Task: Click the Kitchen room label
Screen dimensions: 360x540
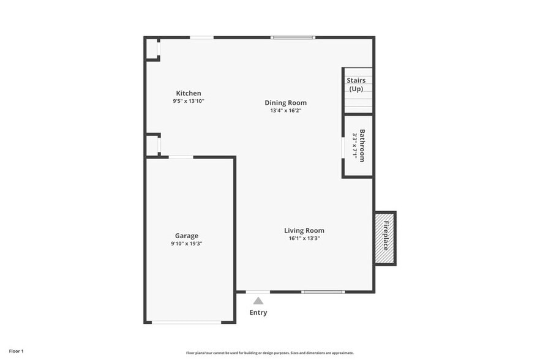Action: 188,93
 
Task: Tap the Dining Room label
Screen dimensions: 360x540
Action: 285,103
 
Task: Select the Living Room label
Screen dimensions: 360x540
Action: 304,230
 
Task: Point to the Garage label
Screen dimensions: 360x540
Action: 187,236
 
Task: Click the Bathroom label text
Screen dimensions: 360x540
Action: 362,145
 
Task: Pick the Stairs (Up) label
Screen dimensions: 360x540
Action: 356,84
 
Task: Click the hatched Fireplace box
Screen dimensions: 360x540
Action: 385,238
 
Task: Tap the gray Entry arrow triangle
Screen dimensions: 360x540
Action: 258,301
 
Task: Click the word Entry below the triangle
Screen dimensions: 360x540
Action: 258,313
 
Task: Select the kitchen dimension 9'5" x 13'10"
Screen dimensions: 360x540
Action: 188,101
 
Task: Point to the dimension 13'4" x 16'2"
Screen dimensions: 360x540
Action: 285,111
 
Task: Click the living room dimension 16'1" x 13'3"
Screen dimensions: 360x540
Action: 304,238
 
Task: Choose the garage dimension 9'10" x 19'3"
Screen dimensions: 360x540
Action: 187,243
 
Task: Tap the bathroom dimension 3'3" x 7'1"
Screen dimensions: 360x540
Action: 354,145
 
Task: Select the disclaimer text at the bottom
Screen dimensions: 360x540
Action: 269,353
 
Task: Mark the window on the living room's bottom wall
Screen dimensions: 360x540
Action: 323,292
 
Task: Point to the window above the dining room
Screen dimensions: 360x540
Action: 293,37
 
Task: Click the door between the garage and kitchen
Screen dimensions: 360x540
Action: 181,157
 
